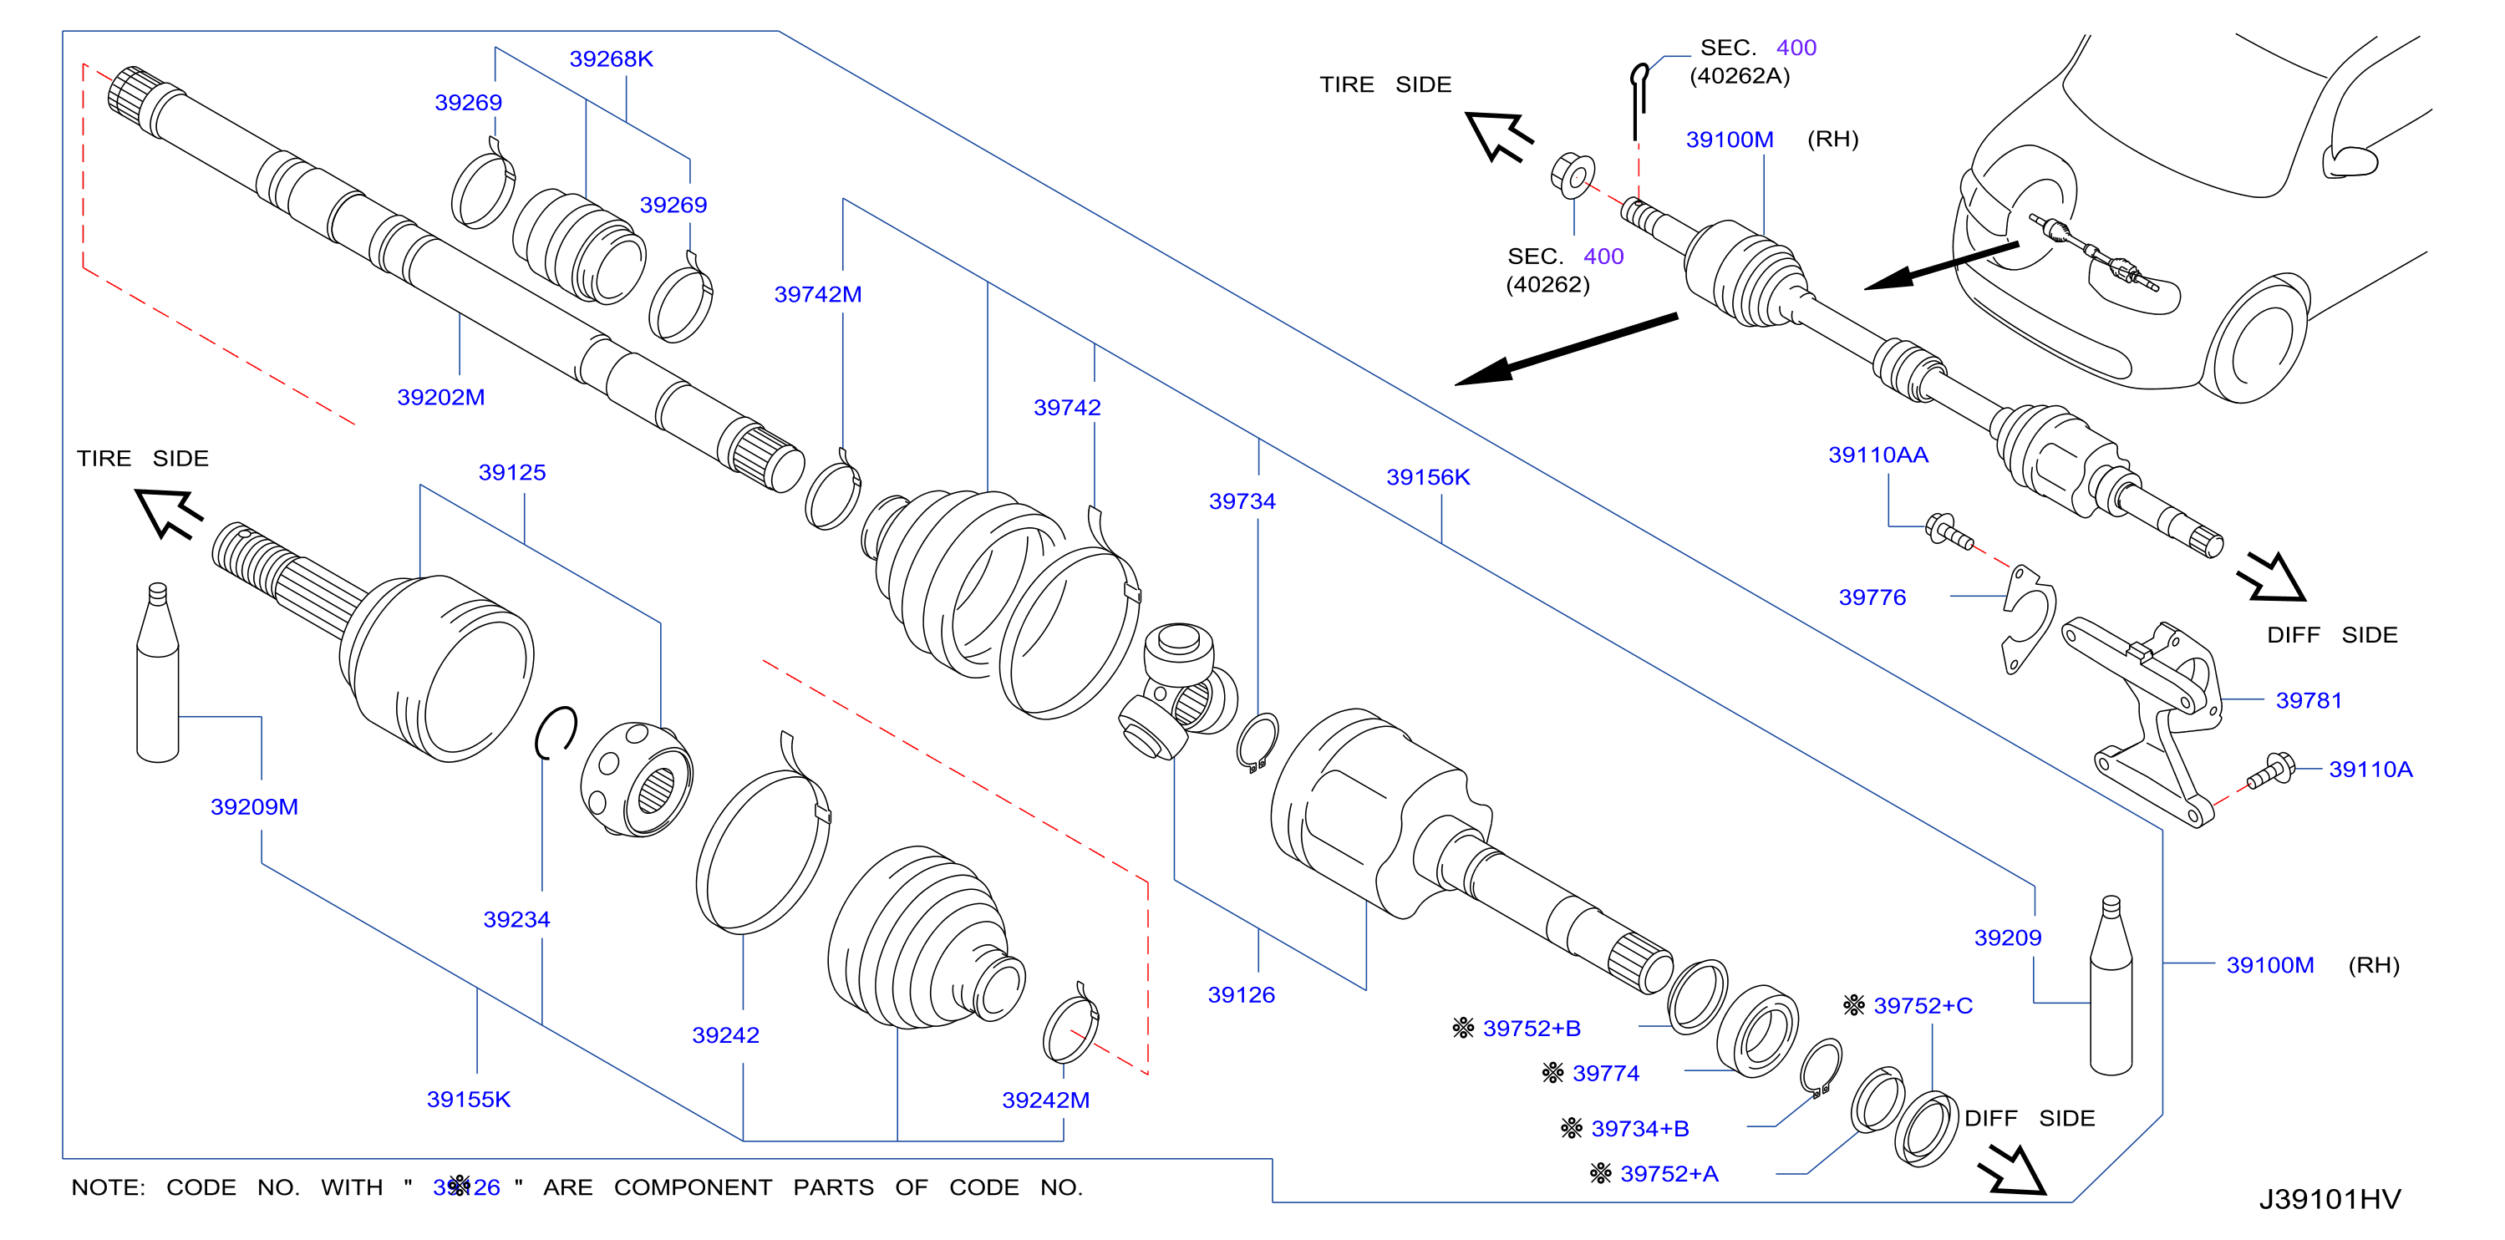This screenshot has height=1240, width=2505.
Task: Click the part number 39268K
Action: (611, 58)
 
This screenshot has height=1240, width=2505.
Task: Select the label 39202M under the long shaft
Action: (440, 397)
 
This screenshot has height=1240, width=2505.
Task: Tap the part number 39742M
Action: (818, 294)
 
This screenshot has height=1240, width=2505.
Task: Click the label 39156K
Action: (1427, 476)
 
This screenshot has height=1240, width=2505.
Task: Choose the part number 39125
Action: (511, 472)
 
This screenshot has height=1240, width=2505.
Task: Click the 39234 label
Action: (516, 919)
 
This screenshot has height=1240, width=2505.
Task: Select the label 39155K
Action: (469, 1099)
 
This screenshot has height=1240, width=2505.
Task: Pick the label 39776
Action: (1872, 597)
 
